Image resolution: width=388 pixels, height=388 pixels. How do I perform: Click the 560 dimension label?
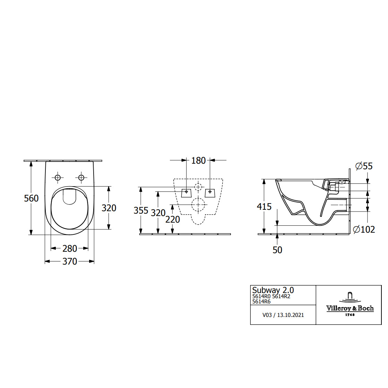point(31,198)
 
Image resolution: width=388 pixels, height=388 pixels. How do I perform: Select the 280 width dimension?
point(70,249)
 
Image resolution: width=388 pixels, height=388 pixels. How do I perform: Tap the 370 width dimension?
point(70,261)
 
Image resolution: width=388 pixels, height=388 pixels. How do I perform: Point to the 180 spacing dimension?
point(198,161)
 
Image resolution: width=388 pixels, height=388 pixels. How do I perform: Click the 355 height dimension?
point(141,210)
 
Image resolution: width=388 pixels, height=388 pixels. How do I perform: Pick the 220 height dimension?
point(172,219)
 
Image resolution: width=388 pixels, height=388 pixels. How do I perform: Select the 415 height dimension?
point(264,207)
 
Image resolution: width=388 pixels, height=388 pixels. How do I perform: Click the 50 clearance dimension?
point(277,250)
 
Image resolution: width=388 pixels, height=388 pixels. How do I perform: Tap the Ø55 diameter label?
point(364,166)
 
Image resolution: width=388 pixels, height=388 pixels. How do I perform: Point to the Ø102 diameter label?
point(364,230)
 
